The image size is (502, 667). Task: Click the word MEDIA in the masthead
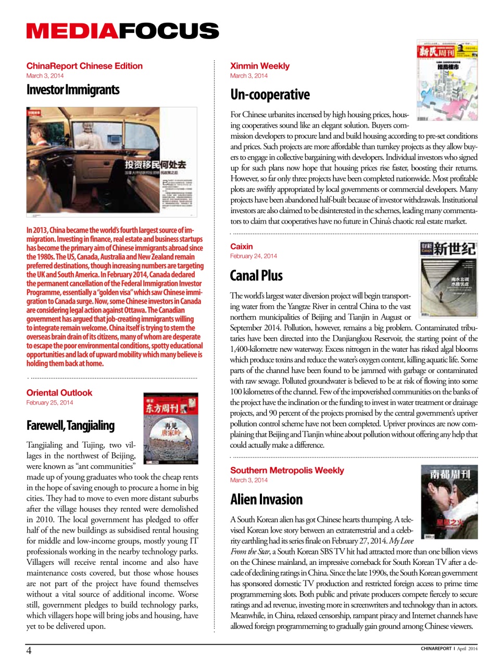click(x=72, y=31)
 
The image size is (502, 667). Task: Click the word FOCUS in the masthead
click(x=169, y=31)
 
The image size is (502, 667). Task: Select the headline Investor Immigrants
click(x=73, y=90)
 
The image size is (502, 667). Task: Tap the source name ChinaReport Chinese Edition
click(x=84, y=66)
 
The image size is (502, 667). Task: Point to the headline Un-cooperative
click(x=270, y=94)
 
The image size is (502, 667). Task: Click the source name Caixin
click(x=242, y=246)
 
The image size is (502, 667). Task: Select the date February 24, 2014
click(x=254, y=256)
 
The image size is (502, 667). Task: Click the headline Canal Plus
click(x=256, y=276)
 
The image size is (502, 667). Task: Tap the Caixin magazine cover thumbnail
click(x=448, y=279)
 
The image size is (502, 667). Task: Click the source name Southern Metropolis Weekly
click(x=287, y=470)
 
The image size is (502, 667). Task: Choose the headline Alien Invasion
click(x=266, y=499)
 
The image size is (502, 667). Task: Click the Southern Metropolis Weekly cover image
click(x=449, y=502)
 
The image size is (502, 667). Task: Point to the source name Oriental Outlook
click(x=59, y=392)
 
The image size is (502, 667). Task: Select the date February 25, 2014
click(x=50, y=402)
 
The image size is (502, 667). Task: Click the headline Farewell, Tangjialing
click(x=70, y=425)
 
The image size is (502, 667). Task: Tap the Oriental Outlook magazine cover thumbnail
click(x=171, y=429)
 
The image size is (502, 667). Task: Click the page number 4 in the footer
click(x=29, y=650)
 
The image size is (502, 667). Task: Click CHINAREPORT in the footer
click(x=436, y=649)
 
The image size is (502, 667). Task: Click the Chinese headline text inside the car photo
click(x=155, y=165)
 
